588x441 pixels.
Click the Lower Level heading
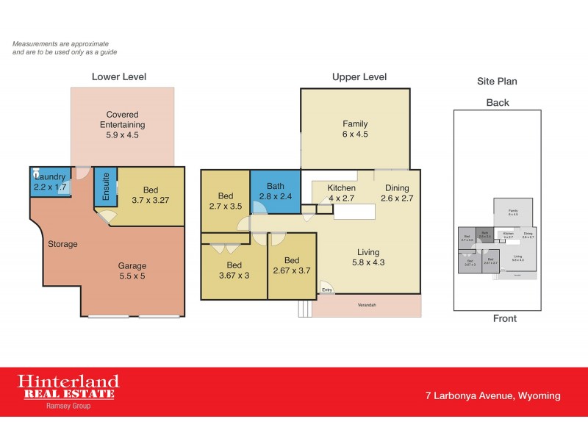point(118,76)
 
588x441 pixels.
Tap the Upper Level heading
point(359,76)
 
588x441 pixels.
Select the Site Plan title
point(498,82)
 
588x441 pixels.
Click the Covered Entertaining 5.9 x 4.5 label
point(122,125)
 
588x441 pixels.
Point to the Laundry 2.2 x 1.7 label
point(50,182)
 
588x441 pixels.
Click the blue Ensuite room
point(105,187)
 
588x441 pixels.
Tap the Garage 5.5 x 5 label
point(133,271)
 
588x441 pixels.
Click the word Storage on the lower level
point(62,243)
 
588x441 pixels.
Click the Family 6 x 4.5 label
point(355,129)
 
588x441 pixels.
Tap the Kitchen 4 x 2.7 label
point(341,193)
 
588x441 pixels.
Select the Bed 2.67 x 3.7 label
point(292,265)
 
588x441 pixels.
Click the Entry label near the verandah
point(327,290)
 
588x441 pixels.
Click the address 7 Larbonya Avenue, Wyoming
point(492,395)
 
